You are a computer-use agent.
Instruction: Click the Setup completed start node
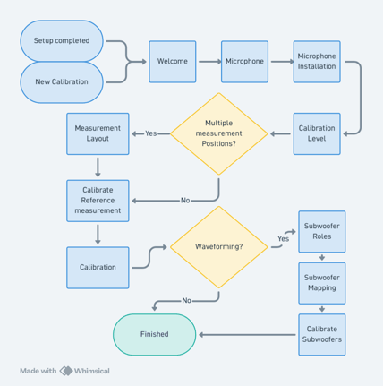[62, 41]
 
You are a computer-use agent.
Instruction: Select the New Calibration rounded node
[62, 82]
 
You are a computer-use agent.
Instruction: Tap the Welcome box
[173, 62]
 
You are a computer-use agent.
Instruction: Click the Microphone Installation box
[317, 62]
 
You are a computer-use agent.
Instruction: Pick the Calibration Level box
[317, 133]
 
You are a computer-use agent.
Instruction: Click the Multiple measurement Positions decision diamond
[218, 133]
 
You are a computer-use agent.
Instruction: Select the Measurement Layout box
[98, 133]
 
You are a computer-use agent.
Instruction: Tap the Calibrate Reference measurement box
[98, 201]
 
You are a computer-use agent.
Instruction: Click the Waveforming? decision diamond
[218, 247]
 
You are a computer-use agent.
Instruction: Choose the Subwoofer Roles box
[322, 232]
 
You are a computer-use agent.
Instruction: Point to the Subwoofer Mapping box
[322, 283]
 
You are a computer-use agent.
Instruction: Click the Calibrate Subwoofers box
[322, 335]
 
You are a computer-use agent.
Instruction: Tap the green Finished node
[155, 335]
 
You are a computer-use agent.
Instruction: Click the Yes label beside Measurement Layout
[151, 133]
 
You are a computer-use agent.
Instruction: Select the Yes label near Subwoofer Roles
[283, 239]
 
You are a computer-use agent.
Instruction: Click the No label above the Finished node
[186, 300]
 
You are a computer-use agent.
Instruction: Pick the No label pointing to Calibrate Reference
[185, 201]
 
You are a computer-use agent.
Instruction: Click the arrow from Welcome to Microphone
[210, 62]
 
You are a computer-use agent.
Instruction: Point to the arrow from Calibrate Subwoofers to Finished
[247, 335]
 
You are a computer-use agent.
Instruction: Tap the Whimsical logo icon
[66, 371]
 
